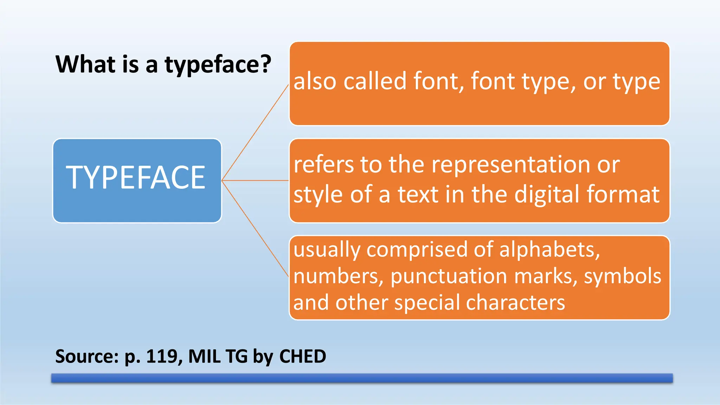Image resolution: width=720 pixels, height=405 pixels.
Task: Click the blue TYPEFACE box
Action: coord(137,181)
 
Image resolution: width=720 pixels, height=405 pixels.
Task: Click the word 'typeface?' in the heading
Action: coord(218,65)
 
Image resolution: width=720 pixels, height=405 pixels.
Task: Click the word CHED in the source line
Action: coord(302,356)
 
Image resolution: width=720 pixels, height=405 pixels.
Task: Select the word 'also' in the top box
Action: coord(315,81)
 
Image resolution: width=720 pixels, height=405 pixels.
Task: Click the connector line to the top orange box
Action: coord(255,133)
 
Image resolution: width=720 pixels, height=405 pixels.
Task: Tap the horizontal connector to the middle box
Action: coord(255,181)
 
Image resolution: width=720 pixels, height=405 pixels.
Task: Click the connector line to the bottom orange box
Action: coord(255,229)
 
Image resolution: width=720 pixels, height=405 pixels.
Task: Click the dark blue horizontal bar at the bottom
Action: coord(362,378)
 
